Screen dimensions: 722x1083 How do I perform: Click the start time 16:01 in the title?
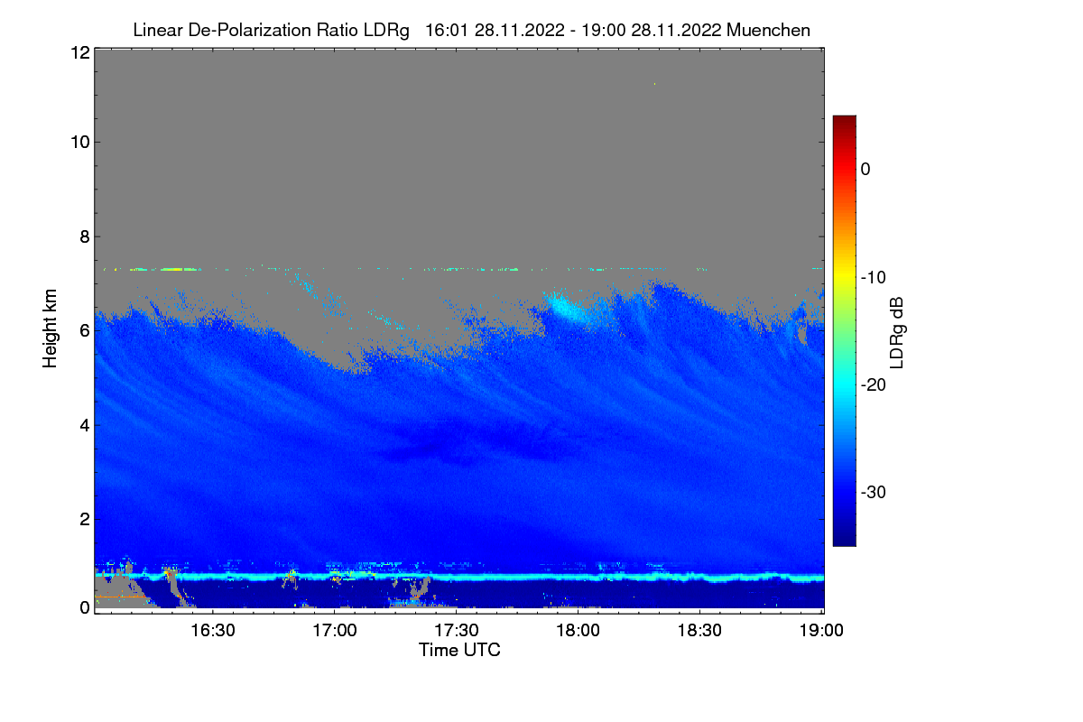tap(442, 30)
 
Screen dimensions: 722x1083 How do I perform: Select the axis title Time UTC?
tap(459, 650)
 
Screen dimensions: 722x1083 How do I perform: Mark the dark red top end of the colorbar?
tap(844, 120)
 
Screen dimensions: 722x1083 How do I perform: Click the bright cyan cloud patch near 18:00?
tap(569, 309)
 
